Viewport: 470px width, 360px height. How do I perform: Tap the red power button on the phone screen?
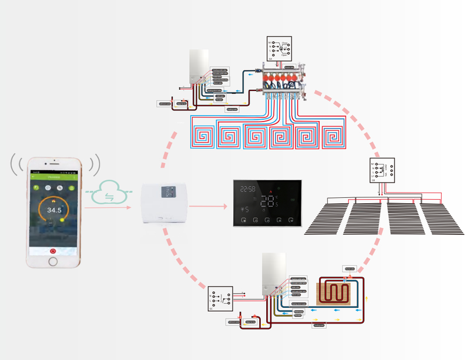(53, 251)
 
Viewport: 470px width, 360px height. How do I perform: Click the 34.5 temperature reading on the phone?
(55, 210)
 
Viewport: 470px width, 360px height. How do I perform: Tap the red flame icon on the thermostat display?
(271, 190)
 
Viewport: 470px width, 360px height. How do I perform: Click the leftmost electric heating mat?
(325, 218)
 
